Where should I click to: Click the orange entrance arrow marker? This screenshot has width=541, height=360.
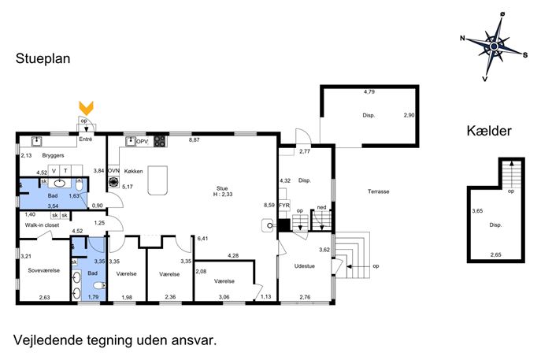(x=86, y=108)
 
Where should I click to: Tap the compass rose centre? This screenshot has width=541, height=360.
(x=494, y=46)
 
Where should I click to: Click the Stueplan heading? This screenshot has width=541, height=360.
(x=43, y=58)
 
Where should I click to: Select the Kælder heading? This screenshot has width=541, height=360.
(x=489, y=131)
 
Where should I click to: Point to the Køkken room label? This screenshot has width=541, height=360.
(x=134, y=171)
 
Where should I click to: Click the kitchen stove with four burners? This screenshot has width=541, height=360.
(x=160, y=141)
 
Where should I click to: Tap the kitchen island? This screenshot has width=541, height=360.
(x=157, y=180)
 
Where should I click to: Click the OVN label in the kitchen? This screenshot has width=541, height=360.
(x=113, y=171)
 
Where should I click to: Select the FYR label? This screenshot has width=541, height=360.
(x=284, y=206)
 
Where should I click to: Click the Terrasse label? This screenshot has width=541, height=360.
(x=379, y=191)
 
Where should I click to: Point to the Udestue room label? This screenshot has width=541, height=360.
(x=304, y=265)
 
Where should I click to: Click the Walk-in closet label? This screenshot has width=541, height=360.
(x=42, y=225)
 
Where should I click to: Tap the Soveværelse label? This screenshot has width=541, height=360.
(x=44, y=270)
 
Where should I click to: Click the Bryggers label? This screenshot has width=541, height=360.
(x=53, y=155)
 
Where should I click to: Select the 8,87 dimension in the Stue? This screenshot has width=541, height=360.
(x=195, y=139)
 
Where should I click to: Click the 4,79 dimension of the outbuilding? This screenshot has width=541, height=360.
(x=369, y=92)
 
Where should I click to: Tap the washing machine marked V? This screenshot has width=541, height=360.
(x=54, y=171)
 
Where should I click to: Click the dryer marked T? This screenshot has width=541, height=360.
(x=65, y=171)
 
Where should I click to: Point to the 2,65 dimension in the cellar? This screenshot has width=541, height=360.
(x=496, y=254)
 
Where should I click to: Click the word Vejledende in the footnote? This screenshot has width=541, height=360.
(x=48, y=340)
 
